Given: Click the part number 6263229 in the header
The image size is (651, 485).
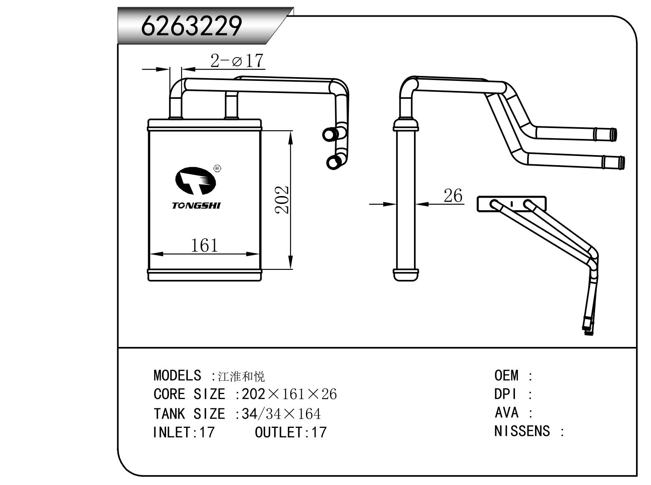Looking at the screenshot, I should point(192,26).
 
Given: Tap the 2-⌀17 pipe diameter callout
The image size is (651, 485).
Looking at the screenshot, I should point(237,61).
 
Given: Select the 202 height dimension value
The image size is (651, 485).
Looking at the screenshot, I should point(282,199).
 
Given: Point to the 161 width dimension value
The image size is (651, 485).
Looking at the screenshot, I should point(204,245).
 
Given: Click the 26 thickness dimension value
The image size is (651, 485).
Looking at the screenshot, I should point(453,195).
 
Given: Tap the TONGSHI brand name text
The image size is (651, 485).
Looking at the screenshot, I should point(196,206).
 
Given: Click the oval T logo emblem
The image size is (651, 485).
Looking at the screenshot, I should point(195,181).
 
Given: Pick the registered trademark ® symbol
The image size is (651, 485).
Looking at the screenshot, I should point(217,168).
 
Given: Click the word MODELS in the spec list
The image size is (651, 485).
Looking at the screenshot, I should point(177,376).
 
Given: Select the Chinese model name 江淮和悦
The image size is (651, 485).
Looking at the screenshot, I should point(241,377).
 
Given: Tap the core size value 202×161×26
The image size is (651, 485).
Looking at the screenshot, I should point(289,395).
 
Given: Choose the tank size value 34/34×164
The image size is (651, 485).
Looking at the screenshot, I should point(281,414).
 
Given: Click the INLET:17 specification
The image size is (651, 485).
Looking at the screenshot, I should point(184,432).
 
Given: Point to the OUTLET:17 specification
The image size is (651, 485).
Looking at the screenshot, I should point(290,432).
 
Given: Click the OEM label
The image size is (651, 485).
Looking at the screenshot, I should point(507,376).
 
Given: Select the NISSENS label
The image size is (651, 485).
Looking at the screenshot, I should point(522,431).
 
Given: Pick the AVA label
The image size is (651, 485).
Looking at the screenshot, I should point(506,413).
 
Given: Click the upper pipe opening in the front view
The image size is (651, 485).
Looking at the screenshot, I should point(330,134).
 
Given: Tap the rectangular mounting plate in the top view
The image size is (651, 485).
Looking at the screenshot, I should point(512,204).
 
